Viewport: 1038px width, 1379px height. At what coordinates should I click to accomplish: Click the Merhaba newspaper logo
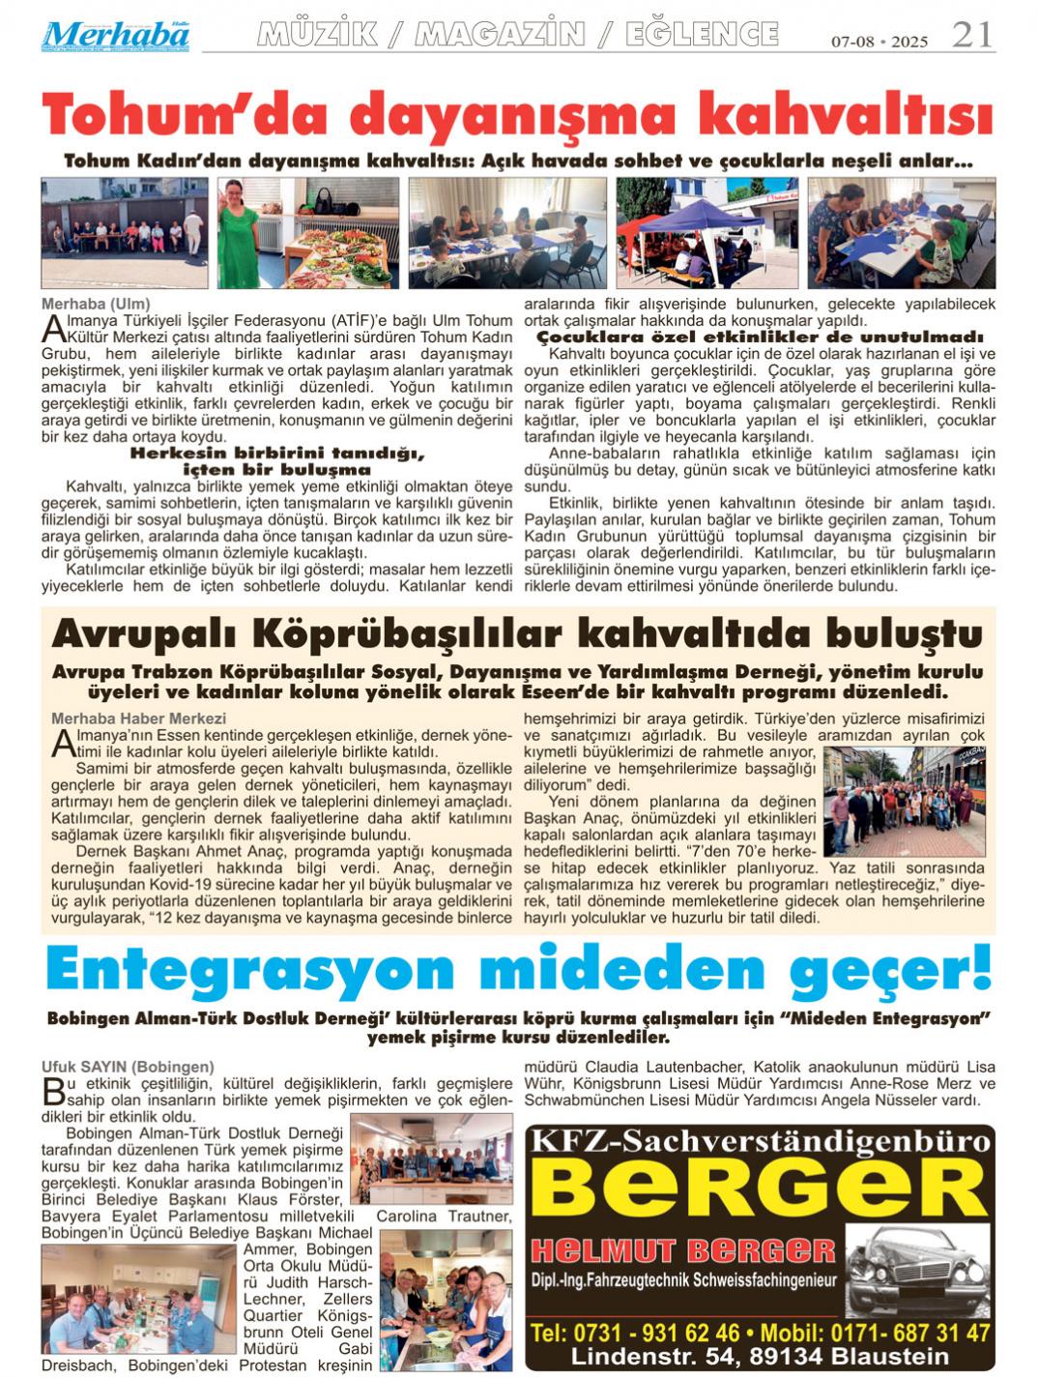click(x=115, y=36)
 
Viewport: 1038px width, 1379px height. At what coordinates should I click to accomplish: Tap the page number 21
click(x=971, y=36)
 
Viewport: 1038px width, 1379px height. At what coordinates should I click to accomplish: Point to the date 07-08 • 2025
click(x=879, y=42)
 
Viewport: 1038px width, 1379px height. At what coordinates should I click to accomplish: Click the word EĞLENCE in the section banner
click(x=702, y=36)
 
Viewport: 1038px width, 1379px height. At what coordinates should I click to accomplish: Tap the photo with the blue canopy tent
click(x=706, y=233)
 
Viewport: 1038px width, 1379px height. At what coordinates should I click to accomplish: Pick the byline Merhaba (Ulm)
click(x=96, y=304)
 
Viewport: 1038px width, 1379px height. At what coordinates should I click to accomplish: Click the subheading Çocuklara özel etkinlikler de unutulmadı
click(x=760, y=337)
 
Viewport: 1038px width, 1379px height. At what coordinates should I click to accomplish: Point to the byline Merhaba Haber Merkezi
click(x=138, y=719)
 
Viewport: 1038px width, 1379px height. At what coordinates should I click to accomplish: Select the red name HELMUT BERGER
click(x=682, y=1250)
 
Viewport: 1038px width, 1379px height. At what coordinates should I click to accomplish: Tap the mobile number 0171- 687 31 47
click(x=893, y=1333)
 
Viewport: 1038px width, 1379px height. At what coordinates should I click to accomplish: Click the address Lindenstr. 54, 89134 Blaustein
click(x=759, y=1356)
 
